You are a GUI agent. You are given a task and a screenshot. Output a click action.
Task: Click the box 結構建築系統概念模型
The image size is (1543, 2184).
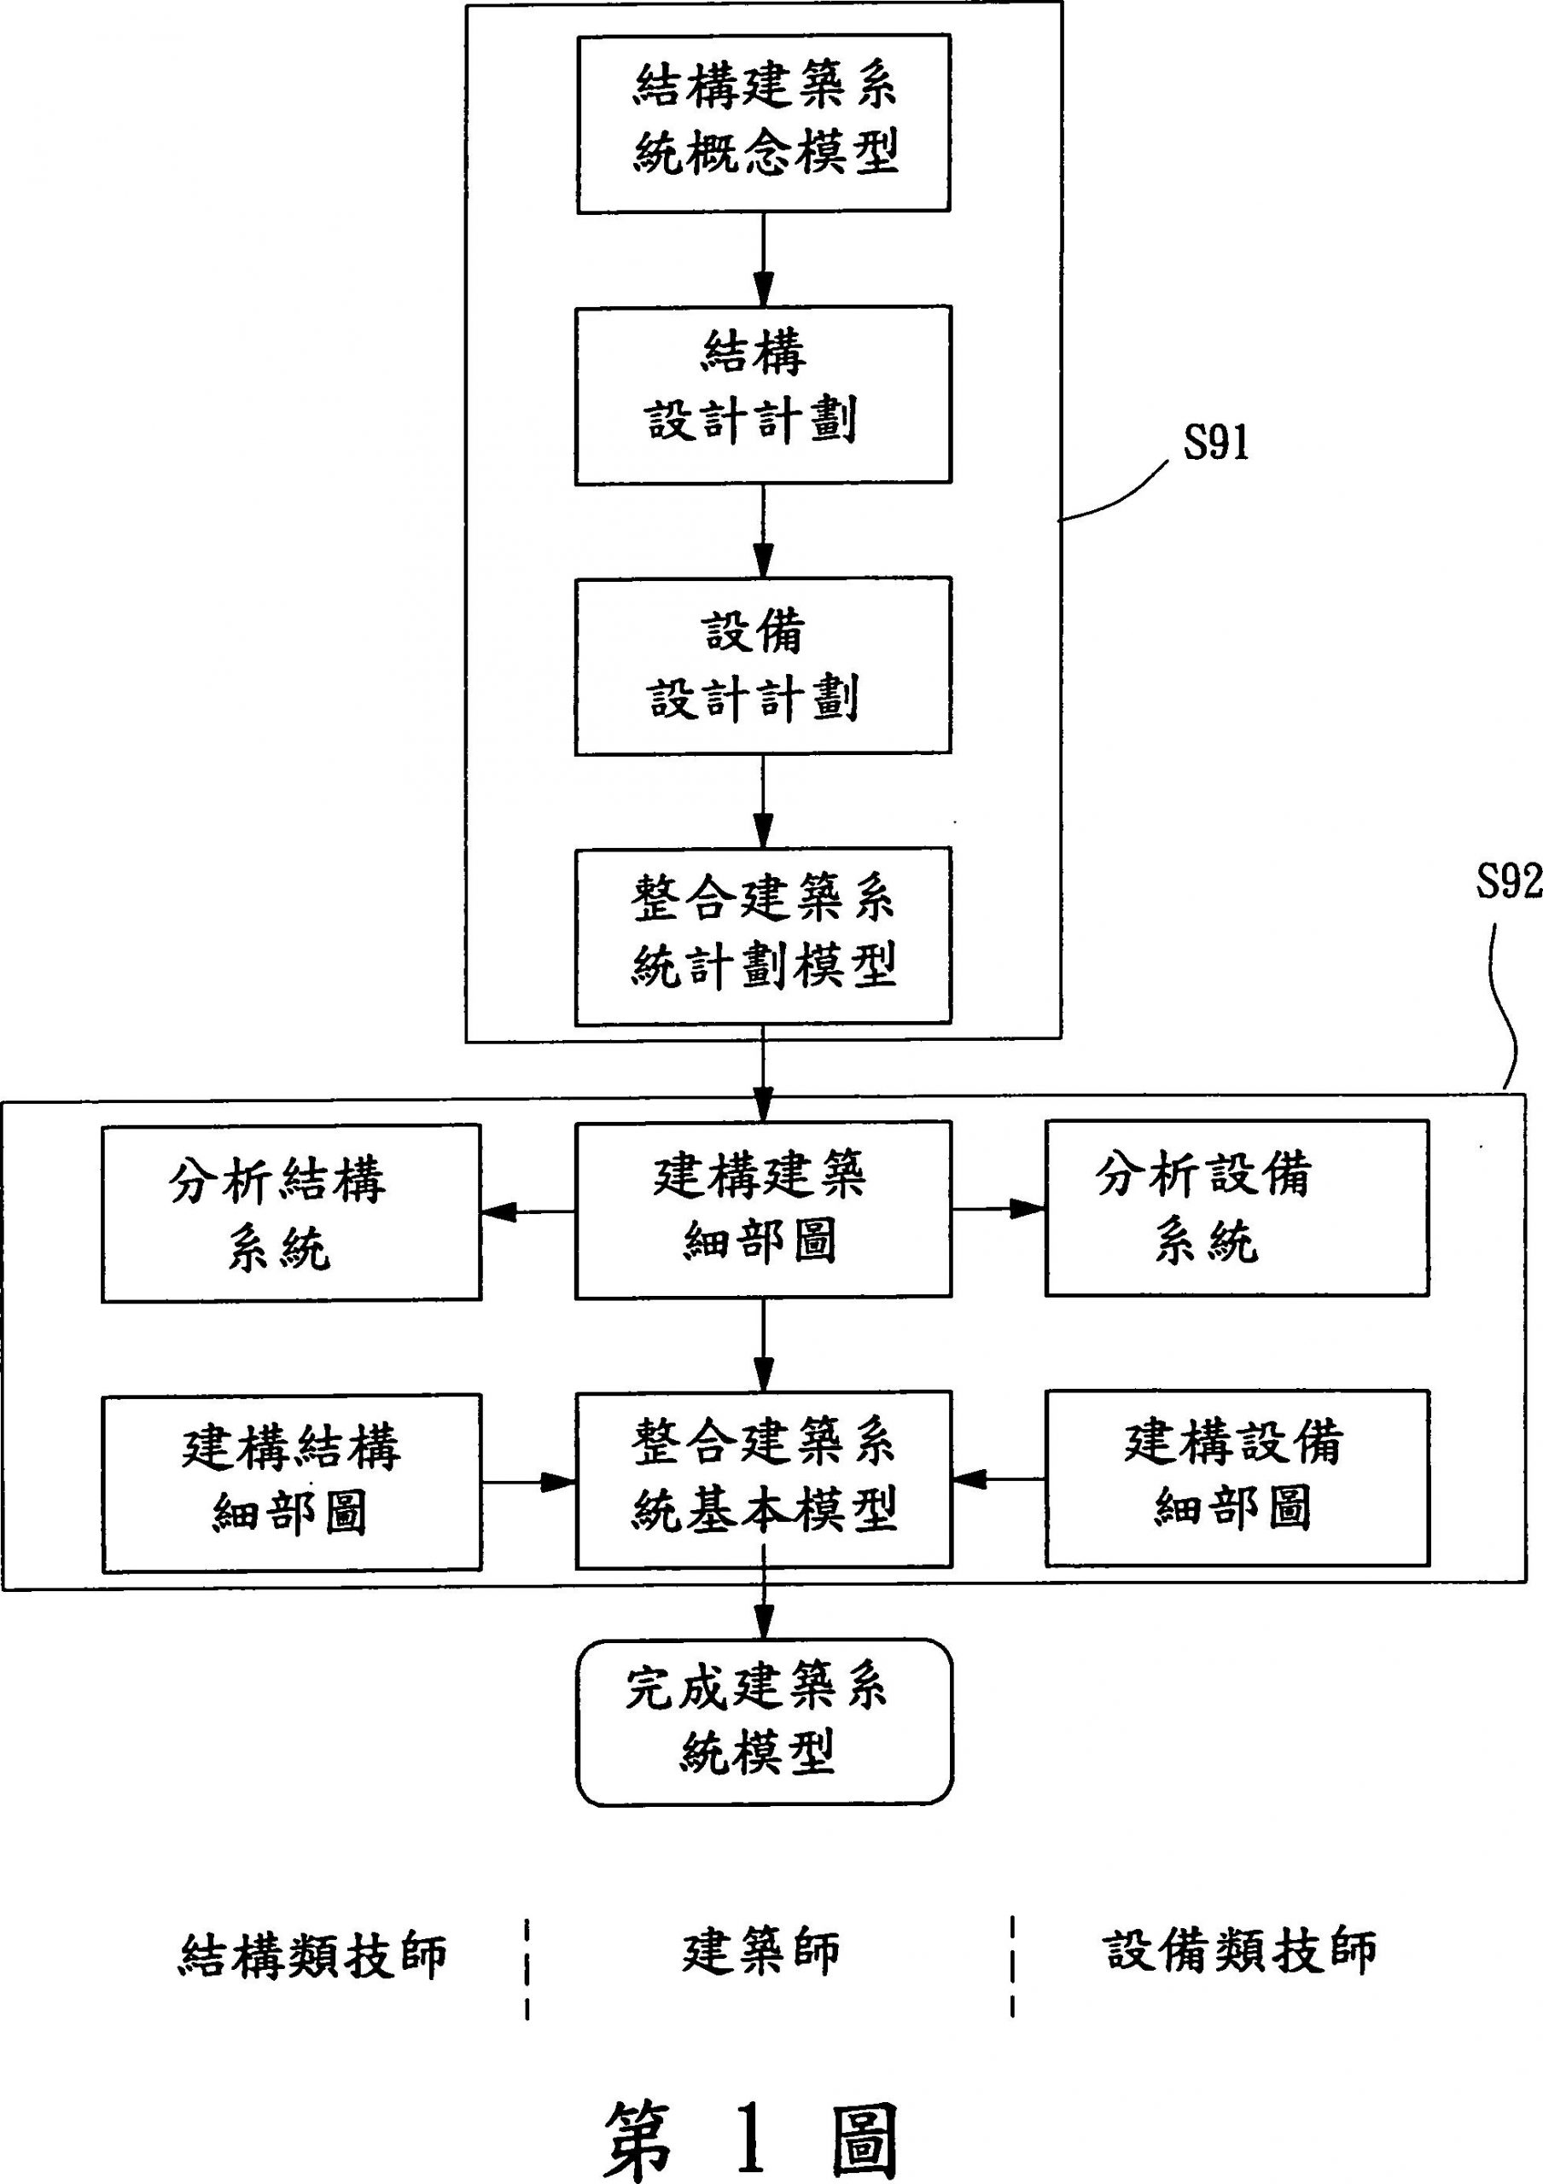tap(763, 123)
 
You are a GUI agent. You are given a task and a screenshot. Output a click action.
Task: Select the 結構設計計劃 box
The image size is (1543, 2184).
tap(763, 395)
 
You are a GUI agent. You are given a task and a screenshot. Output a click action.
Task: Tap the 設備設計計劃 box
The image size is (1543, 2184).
tap(763, 665)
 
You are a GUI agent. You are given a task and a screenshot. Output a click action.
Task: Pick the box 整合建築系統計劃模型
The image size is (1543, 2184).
tap(763, 936)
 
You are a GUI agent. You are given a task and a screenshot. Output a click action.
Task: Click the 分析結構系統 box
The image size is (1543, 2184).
tap(291, 1213)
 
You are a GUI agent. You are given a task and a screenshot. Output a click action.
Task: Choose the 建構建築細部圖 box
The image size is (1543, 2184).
tap(763, 1209)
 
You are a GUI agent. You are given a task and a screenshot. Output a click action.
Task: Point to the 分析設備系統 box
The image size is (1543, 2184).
tap(1237, 1208)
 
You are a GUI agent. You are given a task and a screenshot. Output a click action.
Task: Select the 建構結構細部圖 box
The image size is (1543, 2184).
tap(291, 1483)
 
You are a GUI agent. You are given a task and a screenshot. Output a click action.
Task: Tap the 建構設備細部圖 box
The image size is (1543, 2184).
tap(1237, 1478)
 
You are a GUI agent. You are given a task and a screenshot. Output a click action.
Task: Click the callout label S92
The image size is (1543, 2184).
tap(1508, 884)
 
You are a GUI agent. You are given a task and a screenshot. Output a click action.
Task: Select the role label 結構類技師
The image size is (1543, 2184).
tap(312, 1955)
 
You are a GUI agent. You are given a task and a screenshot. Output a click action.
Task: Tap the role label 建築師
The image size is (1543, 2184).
tap(761, 1952)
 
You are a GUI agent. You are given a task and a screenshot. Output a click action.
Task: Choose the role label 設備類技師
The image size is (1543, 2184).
tap(1239, 1951)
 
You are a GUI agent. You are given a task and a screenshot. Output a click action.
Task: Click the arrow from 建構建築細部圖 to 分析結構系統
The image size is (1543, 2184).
tap(528, 1211)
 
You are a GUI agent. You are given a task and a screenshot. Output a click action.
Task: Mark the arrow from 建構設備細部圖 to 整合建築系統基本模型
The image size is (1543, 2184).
tap(999, 1479)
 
